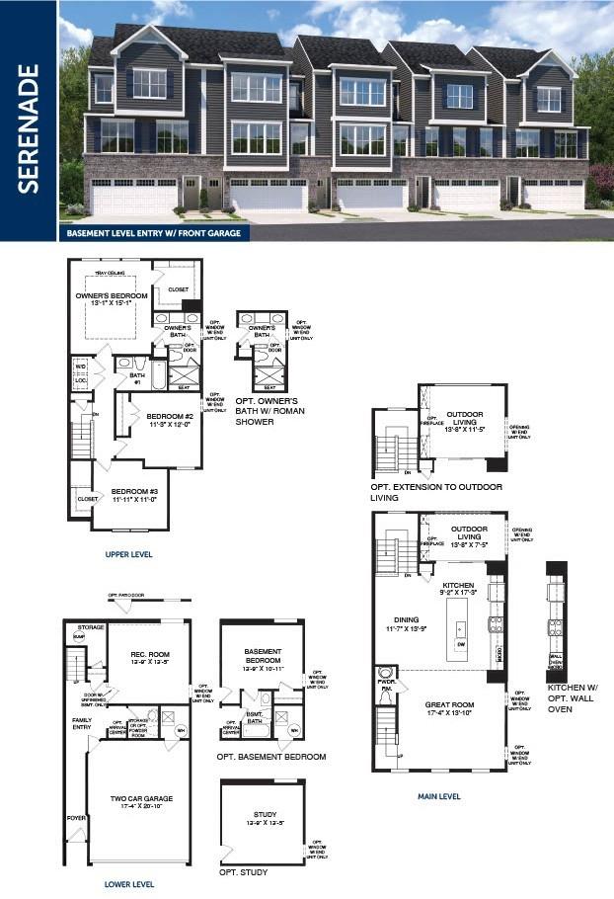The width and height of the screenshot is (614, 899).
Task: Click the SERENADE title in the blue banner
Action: [29, 128]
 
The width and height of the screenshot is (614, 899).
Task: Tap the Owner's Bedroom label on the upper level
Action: [112, 296]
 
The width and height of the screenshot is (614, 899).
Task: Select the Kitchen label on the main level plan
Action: [457, 587]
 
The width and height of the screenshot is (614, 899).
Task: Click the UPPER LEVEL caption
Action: [128, 555]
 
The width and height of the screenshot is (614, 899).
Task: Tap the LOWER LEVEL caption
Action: [128, 884]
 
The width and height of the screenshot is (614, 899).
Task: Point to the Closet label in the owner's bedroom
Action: [178, 289]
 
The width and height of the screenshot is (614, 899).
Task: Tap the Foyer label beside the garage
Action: [75, 818]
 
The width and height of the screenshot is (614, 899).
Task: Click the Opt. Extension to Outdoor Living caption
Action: [435, 492]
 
